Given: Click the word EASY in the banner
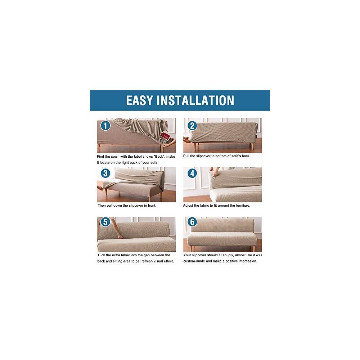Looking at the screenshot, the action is tap(139, 100).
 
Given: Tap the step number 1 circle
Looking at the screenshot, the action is tap(105, 126).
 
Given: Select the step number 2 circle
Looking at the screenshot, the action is tap(192, 126).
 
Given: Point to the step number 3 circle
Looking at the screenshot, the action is tap(105, 173).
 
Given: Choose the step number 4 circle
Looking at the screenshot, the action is tap(192, 173).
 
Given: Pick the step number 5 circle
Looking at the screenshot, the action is tap(105, 222).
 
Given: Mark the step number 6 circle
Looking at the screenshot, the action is tap(192, 222).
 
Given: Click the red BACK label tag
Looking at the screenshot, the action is tap(165, 136).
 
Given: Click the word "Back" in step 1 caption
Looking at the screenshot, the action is tap(159, 157).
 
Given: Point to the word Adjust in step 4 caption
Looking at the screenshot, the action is tap(188, 206).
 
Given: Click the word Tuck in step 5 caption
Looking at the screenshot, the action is tap(101, 255).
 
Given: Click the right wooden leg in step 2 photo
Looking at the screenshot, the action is tap(253, 146).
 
